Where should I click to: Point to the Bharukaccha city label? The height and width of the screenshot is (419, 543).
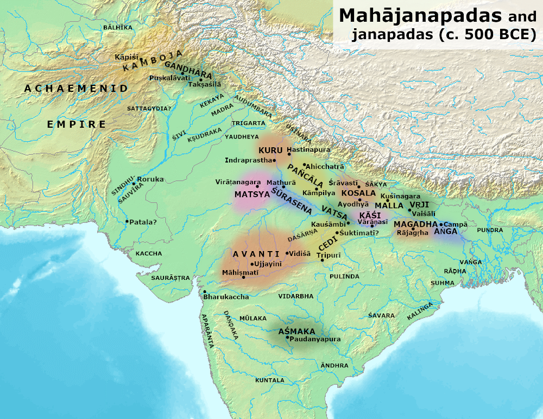pyautogui.click(x=226, y=297)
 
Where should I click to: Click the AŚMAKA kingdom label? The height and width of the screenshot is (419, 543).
pyautogui.click(x=296, y=331)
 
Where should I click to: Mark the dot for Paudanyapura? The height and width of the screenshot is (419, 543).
pyautogui.click(x=288, y=337)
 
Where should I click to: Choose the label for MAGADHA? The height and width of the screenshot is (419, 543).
pyautogui.click(x=416, y=224)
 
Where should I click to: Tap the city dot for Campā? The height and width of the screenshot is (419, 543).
pyautogui.click(x=441, y=224)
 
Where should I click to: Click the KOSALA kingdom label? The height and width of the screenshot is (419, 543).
pyautogui.click(x=358, y=193)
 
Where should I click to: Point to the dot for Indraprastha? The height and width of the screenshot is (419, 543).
pyautogui.click(x=275, y=160)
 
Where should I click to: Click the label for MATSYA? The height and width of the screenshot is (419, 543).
pyautogui.click(x=249, y=194)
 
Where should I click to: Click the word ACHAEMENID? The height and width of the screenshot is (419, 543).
pyautogui.click(x=76, y=89)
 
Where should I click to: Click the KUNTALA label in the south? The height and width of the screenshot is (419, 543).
pyautogui.click(x=270, y=380)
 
